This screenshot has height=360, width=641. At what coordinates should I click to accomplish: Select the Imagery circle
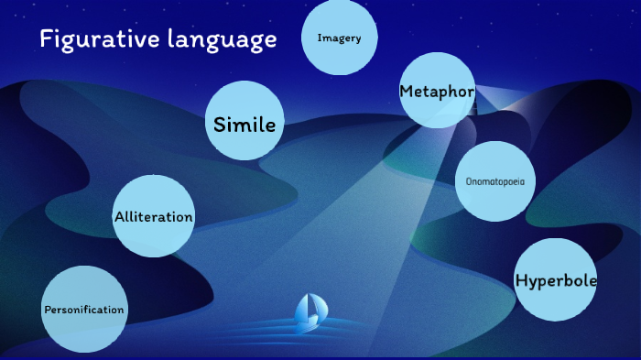tap(339, 38)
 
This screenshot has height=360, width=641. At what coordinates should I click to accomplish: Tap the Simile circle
tap(244, 122)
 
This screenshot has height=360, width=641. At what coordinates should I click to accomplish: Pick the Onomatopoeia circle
tap(494, 181)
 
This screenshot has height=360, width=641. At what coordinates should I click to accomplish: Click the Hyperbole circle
tap(556, 280)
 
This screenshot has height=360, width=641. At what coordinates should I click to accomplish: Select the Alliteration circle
tap(153, 217)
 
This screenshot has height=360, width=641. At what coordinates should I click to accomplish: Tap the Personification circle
tap(83, 310)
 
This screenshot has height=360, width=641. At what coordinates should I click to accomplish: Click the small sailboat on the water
tap(307, 313)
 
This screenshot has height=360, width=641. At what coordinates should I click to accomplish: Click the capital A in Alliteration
tap(119, 217)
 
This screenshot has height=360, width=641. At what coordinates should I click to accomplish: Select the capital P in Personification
tap(47, 310)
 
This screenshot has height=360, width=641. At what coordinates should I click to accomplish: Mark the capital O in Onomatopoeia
tap(468, 181)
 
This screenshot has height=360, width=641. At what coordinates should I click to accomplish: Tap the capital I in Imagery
tap(319, 38)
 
